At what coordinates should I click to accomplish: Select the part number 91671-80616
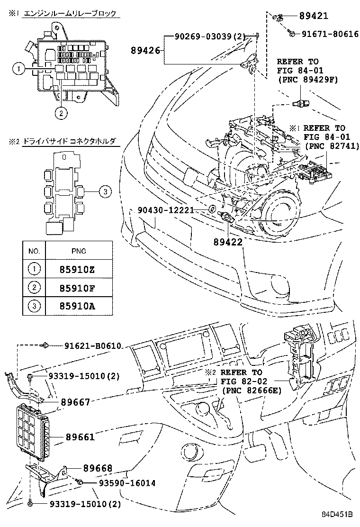tap(327, 34)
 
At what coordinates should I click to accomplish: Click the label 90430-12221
tap(166, 209)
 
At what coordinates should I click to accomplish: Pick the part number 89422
tap(227, 241)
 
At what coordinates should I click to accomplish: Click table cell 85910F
tap(76, 287)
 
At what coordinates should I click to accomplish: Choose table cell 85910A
tap(76, 306)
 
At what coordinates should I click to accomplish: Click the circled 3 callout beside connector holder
tap(105, 191)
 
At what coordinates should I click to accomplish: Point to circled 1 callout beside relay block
tap(18, 70)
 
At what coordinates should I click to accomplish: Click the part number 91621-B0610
tap(93, 346)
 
